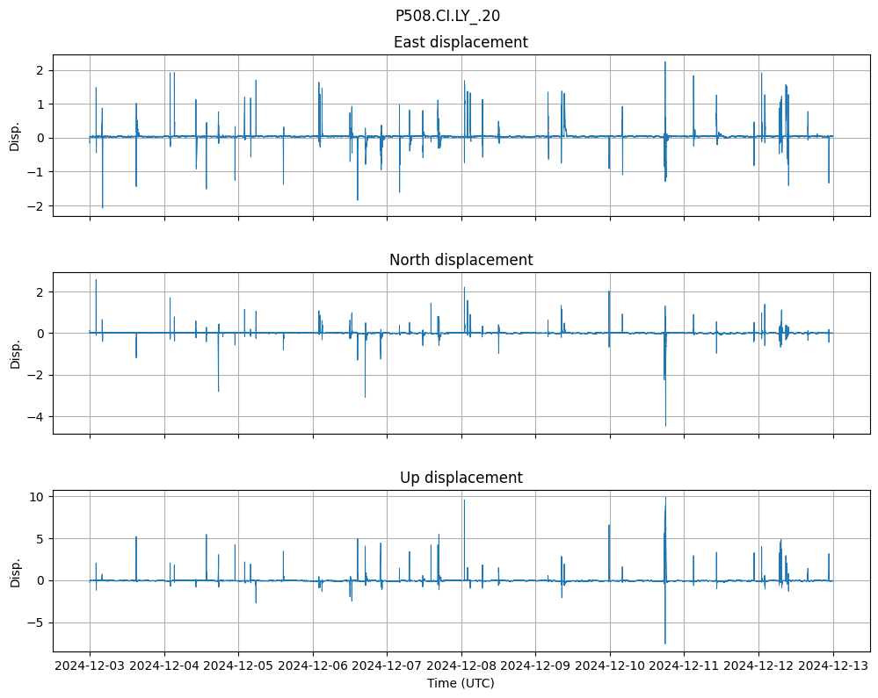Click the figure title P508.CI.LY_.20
click(447, 15)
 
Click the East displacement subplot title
click(461, 42)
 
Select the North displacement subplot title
click(461, 260)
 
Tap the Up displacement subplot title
click(461, 478)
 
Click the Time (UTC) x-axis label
click(461, 683)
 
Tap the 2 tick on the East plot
click(41, 70)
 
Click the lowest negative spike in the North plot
click(665, 426)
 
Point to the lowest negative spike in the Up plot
click(665, 644)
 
